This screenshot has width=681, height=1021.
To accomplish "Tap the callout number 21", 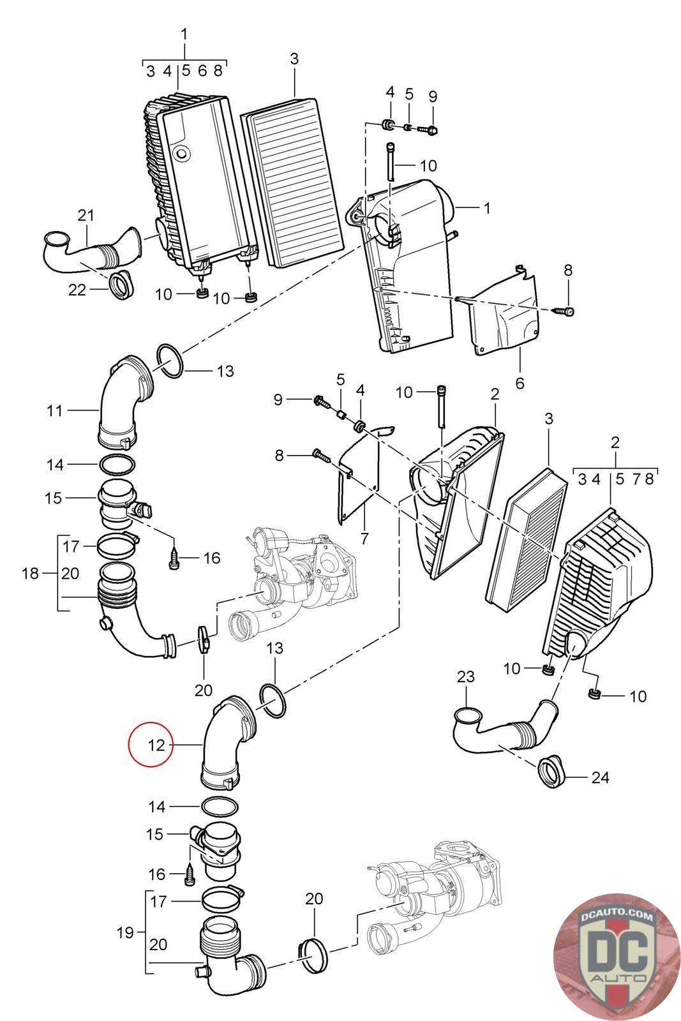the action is tap(86, 215).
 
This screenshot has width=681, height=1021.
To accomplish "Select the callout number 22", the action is tap(77, 290).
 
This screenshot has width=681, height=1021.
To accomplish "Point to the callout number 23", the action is tap(465, 676).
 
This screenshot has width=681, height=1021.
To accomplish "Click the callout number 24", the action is tap(600, 777).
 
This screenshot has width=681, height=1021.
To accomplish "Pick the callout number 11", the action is tap(55, 411).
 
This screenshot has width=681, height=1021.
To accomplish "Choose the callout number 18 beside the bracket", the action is tap(30, 574).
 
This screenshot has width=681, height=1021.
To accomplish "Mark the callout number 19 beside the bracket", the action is tap(125, 932).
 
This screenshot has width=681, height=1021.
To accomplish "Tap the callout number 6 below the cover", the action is tap(520, 384).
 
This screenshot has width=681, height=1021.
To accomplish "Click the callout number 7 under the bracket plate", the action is tap(364, 539).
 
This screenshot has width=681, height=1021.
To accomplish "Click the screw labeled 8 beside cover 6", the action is tap(564, 311).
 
